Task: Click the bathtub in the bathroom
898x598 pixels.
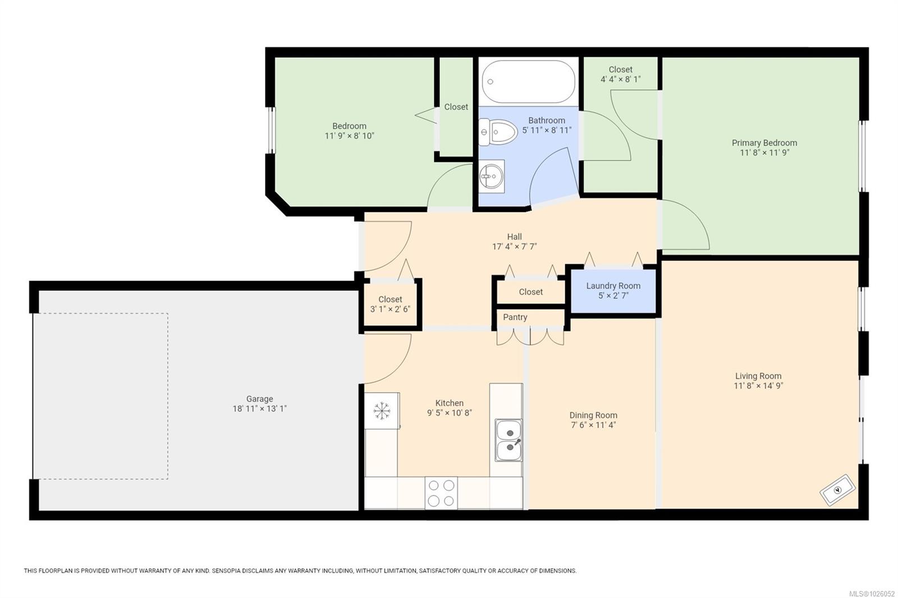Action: click(x=528, y=81)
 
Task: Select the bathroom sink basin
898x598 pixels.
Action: click(x=492, y=177)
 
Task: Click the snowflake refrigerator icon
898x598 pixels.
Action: click(x=382, y=411)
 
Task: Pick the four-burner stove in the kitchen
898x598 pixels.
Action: click(x=441, y=493)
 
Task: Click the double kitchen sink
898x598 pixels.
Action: click(x=508, y=440)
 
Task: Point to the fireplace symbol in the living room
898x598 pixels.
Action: click(x=837, y=490)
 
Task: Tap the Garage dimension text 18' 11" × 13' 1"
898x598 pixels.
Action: click(x=259, y=409)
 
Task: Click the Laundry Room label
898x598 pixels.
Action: click(x=613, y=286)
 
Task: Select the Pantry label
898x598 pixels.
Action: click(x=515, y=318)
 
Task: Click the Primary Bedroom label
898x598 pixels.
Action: click(x=764, y=143)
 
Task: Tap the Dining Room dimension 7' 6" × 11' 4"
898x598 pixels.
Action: click(x=593, y=425)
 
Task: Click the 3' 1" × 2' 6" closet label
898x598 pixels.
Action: click(x=390, y=309)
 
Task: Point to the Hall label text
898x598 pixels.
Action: click(x=514, y=237)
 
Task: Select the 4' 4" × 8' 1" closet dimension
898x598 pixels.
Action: click(x=620, y=79)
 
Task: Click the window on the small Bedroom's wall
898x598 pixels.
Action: click(x=271, y=130)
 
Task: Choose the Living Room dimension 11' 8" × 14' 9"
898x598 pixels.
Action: click(x=758, y=386)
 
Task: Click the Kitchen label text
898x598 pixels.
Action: click(x=449, y=403)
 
